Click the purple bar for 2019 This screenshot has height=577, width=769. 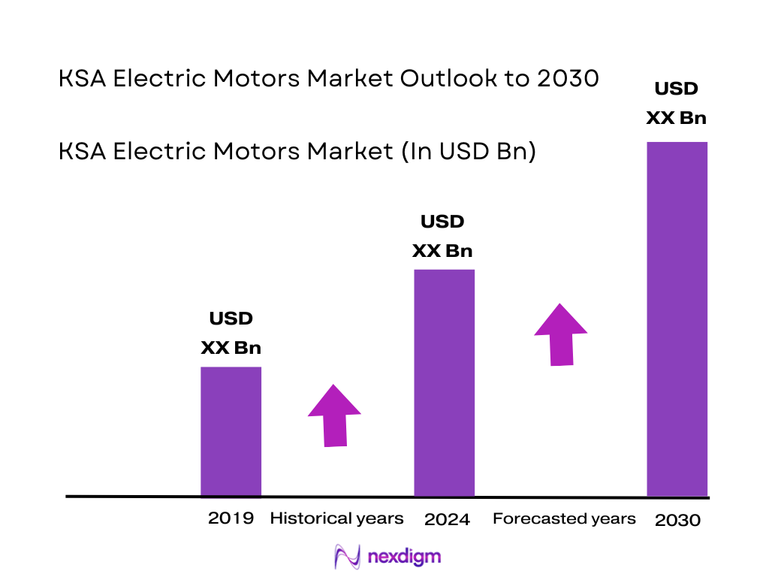(x=231, y=431)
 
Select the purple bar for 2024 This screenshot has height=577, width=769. (x=445, y=382)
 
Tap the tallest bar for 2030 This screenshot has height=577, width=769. (x=677, y=319)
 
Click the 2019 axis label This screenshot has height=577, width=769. (x=231, y=518)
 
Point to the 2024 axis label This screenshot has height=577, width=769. (x=447, y=519)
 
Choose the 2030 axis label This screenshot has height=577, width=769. (x=677, y=520)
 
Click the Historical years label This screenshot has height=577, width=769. (x=336, y=518)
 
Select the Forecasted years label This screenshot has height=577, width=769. (x=563, y=518)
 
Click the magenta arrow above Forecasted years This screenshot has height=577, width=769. (x=561, y=334)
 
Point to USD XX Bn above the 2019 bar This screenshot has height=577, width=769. (x=231, y=333)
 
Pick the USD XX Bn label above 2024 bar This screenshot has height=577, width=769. (x=442, y=236)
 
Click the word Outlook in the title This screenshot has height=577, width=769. (x=448, y=78)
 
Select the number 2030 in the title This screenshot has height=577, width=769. (x=568, y=78)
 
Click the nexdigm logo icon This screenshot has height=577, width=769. (x=348, y=557)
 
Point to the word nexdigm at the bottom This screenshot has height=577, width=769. (x=405, y=557)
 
